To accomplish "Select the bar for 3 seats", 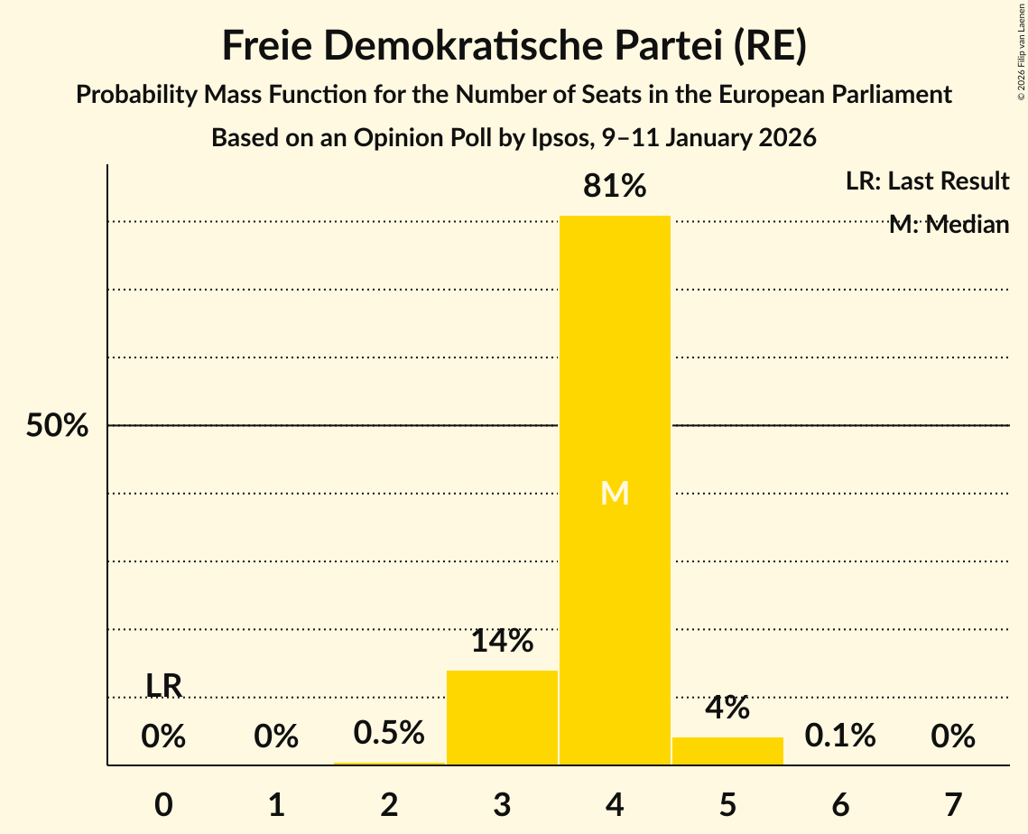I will [502, 718].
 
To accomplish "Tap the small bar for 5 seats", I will [727, 751].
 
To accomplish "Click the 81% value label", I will [615, 186].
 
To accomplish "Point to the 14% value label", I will [502, 641].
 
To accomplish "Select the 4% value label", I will [727, 708].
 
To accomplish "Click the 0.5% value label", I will [389, 733].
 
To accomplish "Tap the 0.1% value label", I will [840, 737].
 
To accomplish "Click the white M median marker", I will [615, 493].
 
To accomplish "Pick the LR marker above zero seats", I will [164, 686].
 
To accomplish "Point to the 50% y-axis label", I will [57, 426].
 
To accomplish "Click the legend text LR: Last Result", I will [927, 181].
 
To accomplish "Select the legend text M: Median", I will [949, 225].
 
